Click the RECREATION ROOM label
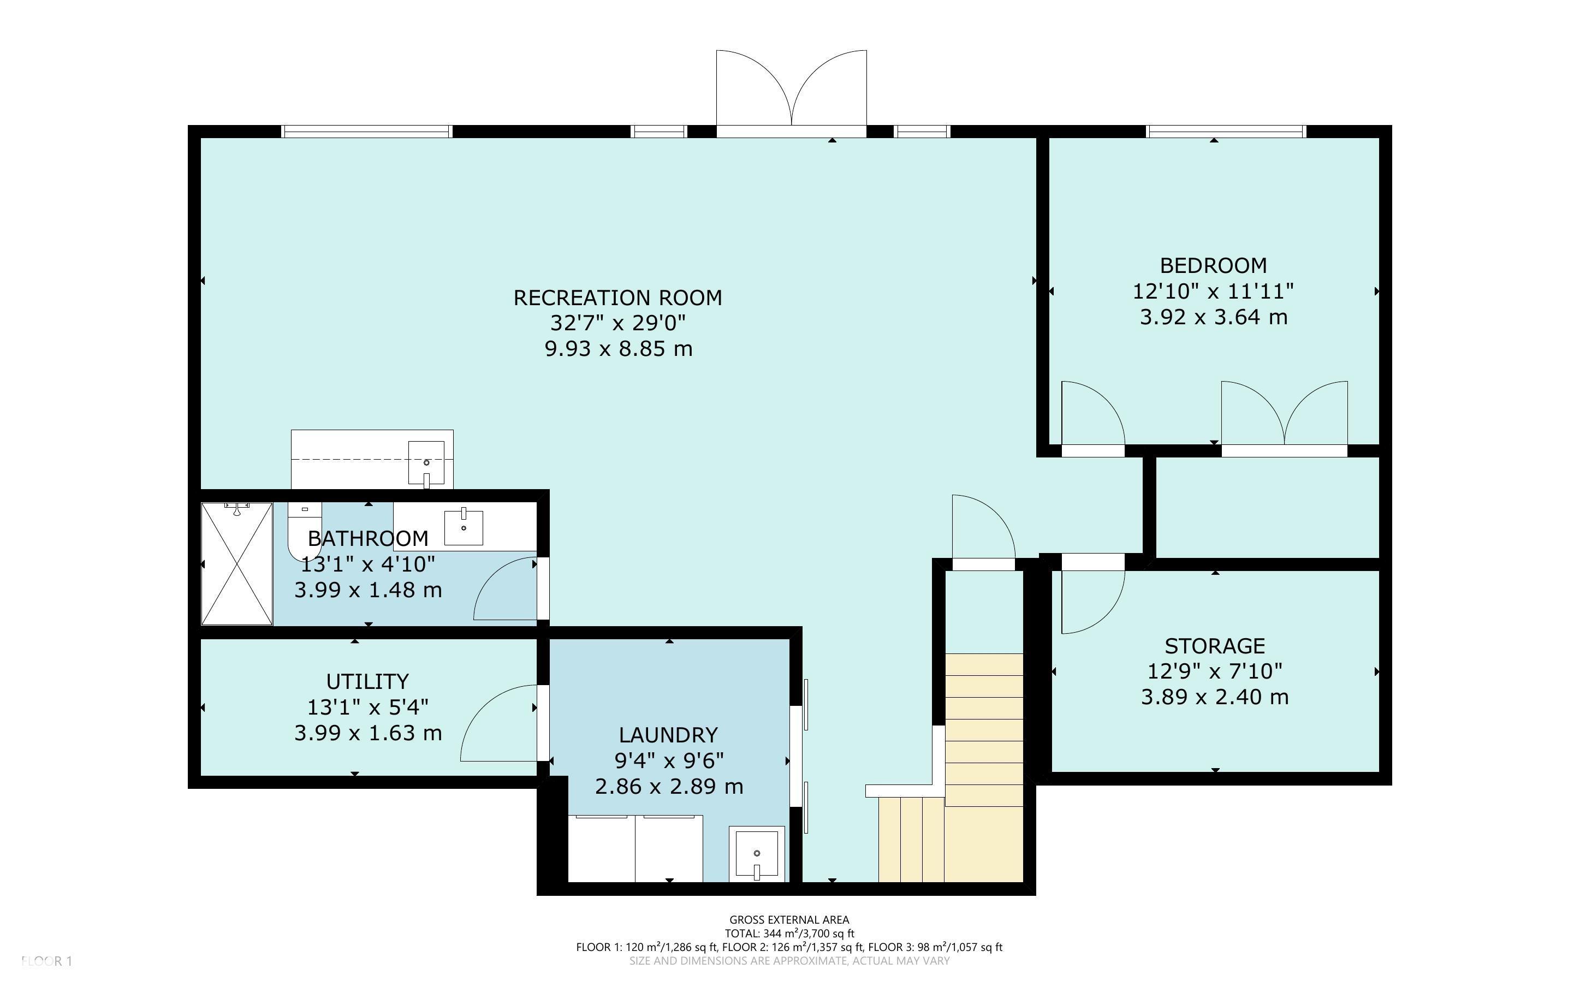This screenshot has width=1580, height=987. pos(617,298)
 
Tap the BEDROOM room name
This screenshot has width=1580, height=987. pos(1213,266)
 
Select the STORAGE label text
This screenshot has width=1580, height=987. pos(1215,646)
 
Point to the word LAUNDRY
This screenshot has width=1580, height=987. pos(668,735)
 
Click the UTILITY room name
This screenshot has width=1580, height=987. pos(367,681)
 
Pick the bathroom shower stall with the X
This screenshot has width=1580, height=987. pos(236,563)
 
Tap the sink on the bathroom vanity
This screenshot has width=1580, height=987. pos(464,527)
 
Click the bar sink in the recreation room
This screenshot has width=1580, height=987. pos(426,463)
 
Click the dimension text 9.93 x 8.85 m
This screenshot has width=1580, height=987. pos(618,349)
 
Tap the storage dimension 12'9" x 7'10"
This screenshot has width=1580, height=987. pos(1215,671)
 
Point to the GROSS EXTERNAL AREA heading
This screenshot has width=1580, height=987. pos(789,920)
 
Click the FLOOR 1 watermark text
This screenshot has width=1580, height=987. pos(46,961)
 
